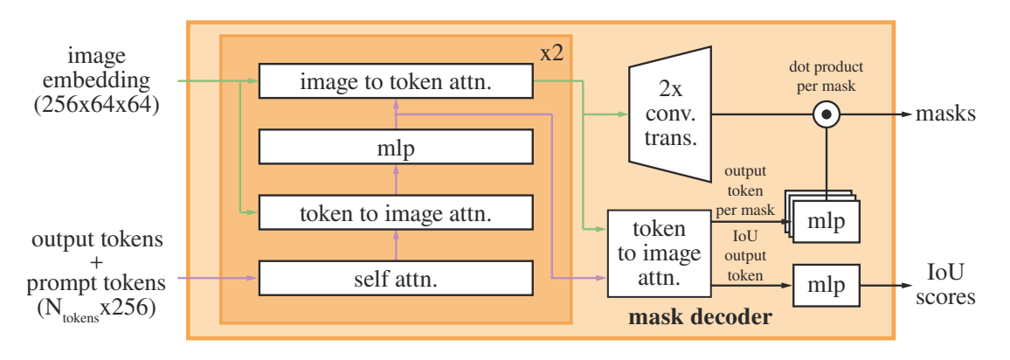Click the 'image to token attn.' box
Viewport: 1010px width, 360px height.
[395, 82]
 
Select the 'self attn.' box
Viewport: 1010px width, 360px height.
[395, 280]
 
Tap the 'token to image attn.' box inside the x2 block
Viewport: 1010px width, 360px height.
[395, 212]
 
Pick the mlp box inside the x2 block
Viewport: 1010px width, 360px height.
[395, 148]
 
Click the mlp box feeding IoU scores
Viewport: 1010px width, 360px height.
[826, 286]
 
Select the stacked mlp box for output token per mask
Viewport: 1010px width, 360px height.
[826, 222]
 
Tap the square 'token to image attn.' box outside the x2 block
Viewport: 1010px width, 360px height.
[661, 254]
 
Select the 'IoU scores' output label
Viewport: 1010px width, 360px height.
[947, 286]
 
